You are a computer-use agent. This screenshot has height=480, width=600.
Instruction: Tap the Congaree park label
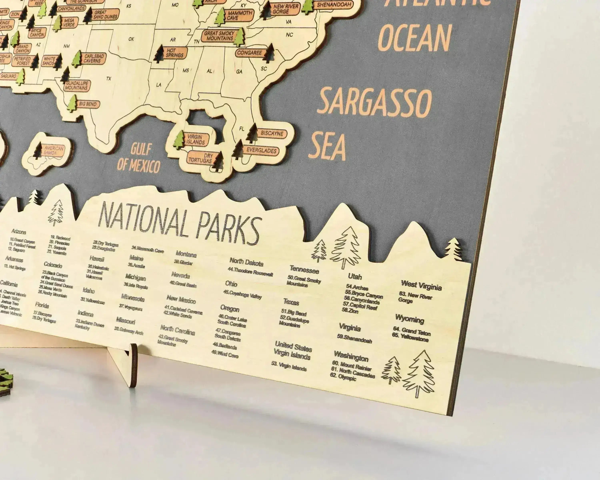(249, 52)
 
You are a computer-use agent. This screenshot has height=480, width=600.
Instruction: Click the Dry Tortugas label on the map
(200, 158)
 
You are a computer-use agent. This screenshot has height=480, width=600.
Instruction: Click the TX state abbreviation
(109, 79)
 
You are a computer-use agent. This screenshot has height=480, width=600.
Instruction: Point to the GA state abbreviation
(239, 72)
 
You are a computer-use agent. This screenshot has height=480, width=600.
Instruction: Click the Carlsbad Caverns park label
(94, 58)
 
